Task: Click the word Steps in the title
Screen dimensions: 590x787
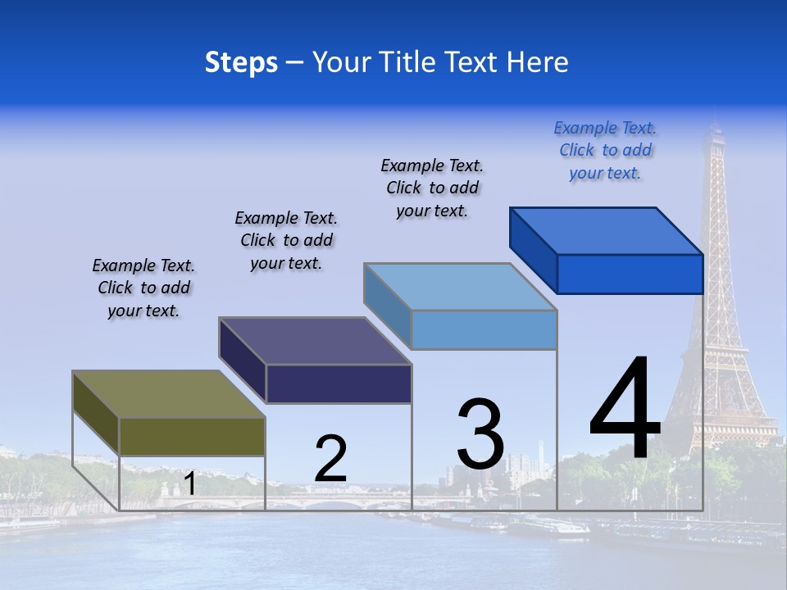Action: coord(241,62)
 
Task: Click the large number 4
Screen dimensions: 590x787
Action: coord(625,409)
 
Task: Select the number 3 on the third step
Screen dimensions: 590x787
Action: coord(480,434)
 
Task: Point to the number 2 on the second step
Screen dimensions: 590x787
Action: coord(330,459)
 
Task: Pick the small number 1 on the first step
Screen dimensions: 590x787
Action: coord(190,483)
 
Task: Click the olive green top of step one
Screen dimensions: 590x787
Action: coord(168,394)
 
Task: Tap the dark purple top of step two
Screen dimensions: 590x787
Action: coord(315,341)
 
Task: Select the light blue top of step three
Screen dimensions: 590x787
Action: coord(461,287)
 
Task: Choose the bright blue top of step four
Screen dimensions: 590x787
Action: coord(607,231)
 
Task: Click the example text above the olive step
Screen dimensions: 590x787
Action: coord(143,288)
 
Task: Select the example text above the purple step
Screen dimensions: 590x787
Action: coord(286,240)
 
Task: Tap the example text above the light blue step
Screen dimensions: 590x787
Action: coord(432,188)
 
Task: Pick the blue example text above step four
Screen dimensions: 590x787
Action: coord(605,150)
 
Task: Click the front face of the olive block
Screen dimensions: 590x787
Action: coord(192,436)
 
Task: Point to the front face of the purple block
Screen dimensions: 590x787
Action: coord(339,383)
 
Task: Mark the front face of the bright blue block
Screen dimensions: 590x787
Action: coord(630,274)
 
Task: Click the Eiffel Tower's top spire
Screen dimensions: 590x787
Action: coord(713,127)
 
